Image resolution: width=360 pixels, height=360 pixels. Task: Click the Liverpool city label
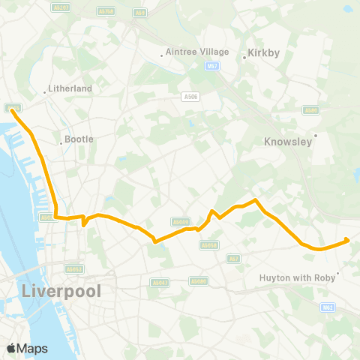coord(63,290)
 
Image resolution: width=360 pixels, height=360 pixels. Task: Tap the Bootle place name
coord(79,139)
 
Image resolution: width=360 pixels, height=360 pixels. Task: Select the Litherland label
coord(70,88)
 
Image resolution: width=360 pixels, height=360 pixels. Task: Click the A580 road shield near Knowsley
coord(310,110)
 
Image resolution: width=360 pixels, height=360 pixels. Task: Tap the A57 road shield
coord(235,259)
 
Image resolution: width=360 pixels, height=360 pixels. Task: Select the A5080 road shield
coord(198,281)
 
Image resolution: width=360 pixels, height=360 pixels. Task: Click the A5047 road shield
coord(161,282)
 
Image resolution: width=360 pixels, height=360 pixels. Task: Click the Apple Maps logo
coord(27,348)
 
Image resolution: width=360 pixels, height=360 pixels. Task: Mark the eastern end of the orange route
coord(346,240)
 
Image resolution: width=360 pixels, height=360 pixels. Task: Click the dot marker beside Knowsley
coord(316,136)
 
